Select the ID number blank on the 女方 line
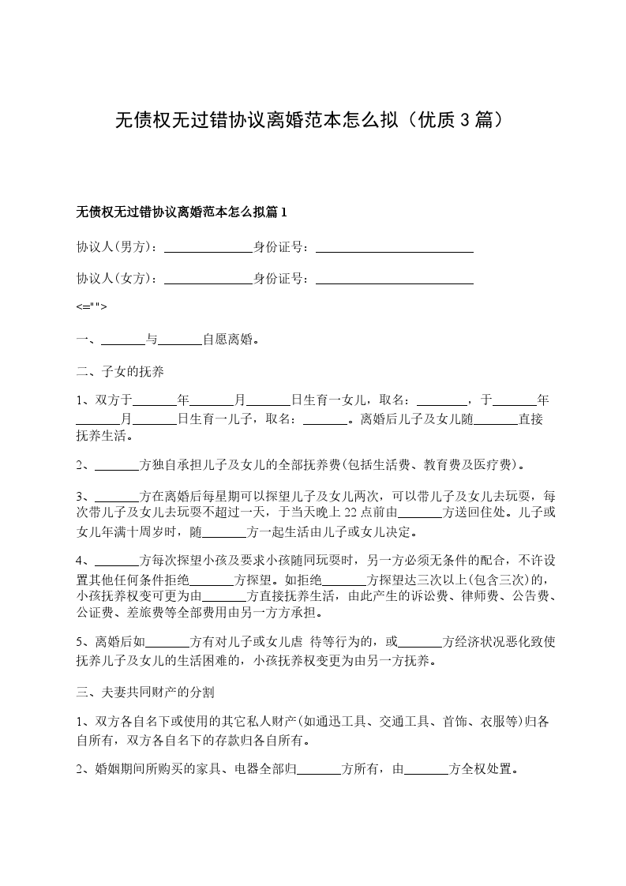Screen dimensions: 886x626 point(394,279)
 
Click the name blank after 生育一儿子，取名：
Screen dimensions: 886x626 point(325,419)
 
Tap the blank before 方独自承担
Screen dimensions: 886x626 point(116,465)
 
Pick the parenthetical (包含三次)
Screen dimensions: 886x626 point(491,580)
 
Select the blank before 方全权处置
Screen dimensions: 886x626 point(426,769)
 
